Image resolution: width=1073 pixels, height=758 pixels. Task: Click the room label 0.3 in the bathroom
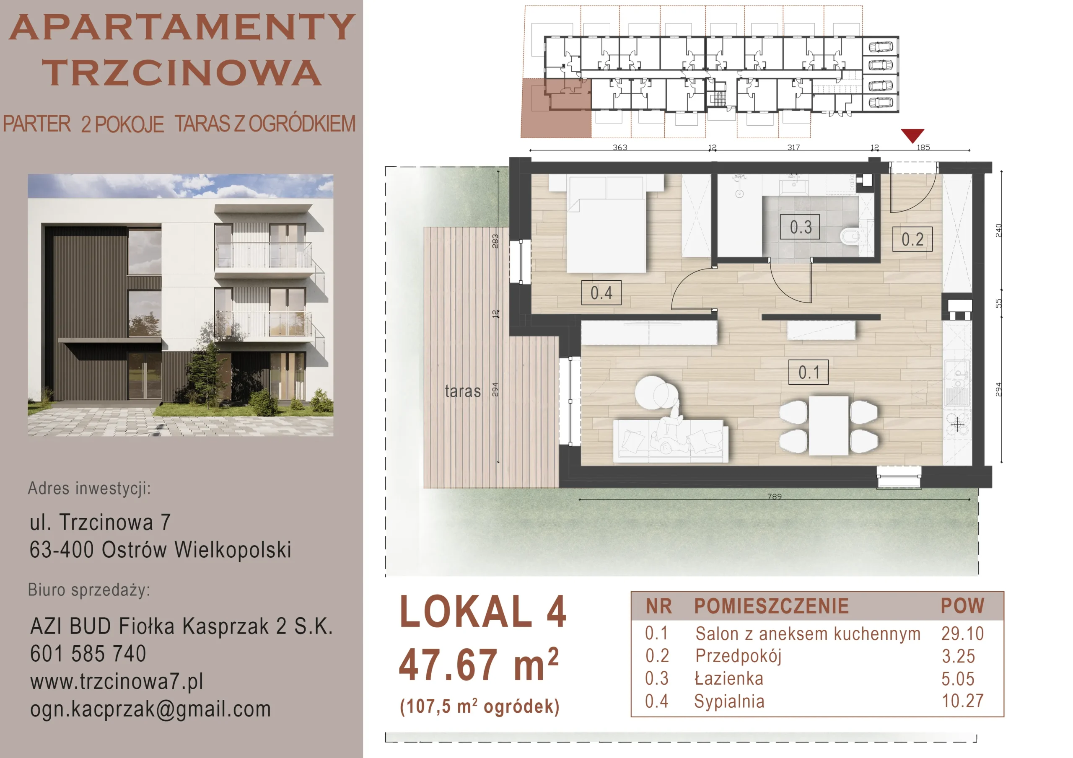(800, 227)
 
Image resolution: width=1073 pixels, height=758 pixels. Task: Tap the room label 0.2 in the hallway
(912, 239)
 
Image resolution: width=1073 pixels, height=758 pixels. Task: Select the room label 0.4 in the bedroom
(601, 292)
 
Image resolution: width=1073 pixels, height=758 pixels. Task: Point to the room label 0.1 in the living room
(809, 372)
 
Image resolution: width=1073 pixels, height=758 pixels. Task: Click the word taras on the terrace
(463, 391)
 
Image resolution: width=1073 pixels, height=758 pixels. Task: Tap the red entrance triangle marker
(912, 135)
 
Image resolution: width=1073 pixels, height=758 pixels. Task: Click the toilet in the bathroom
(850, 236)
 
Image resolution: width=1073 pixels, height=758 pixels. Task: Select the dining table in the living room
(829, 426)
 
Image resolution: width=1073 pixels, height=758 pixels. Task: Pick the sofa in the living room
(671, 441)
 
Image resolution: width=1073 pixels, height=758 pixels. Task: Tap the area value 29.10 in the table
(962, 634)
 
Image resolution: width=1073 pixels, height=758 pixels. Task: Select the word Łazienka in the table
(728, 678)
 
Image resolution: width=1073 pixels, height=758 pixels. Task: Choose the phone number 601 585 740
(88, 653)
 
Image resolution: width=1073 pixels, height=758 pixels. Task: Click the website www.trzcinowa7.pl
(117, 681)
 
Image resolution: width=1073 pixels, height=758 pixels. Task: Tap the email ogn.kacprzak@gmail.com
(150, 709)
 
